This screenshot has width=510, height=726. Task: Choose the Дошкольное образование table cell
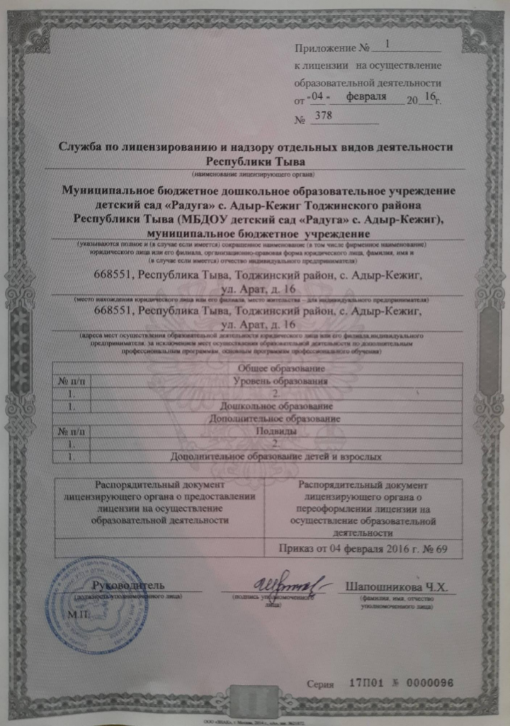pyautogui.click(x=276, y=407)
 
